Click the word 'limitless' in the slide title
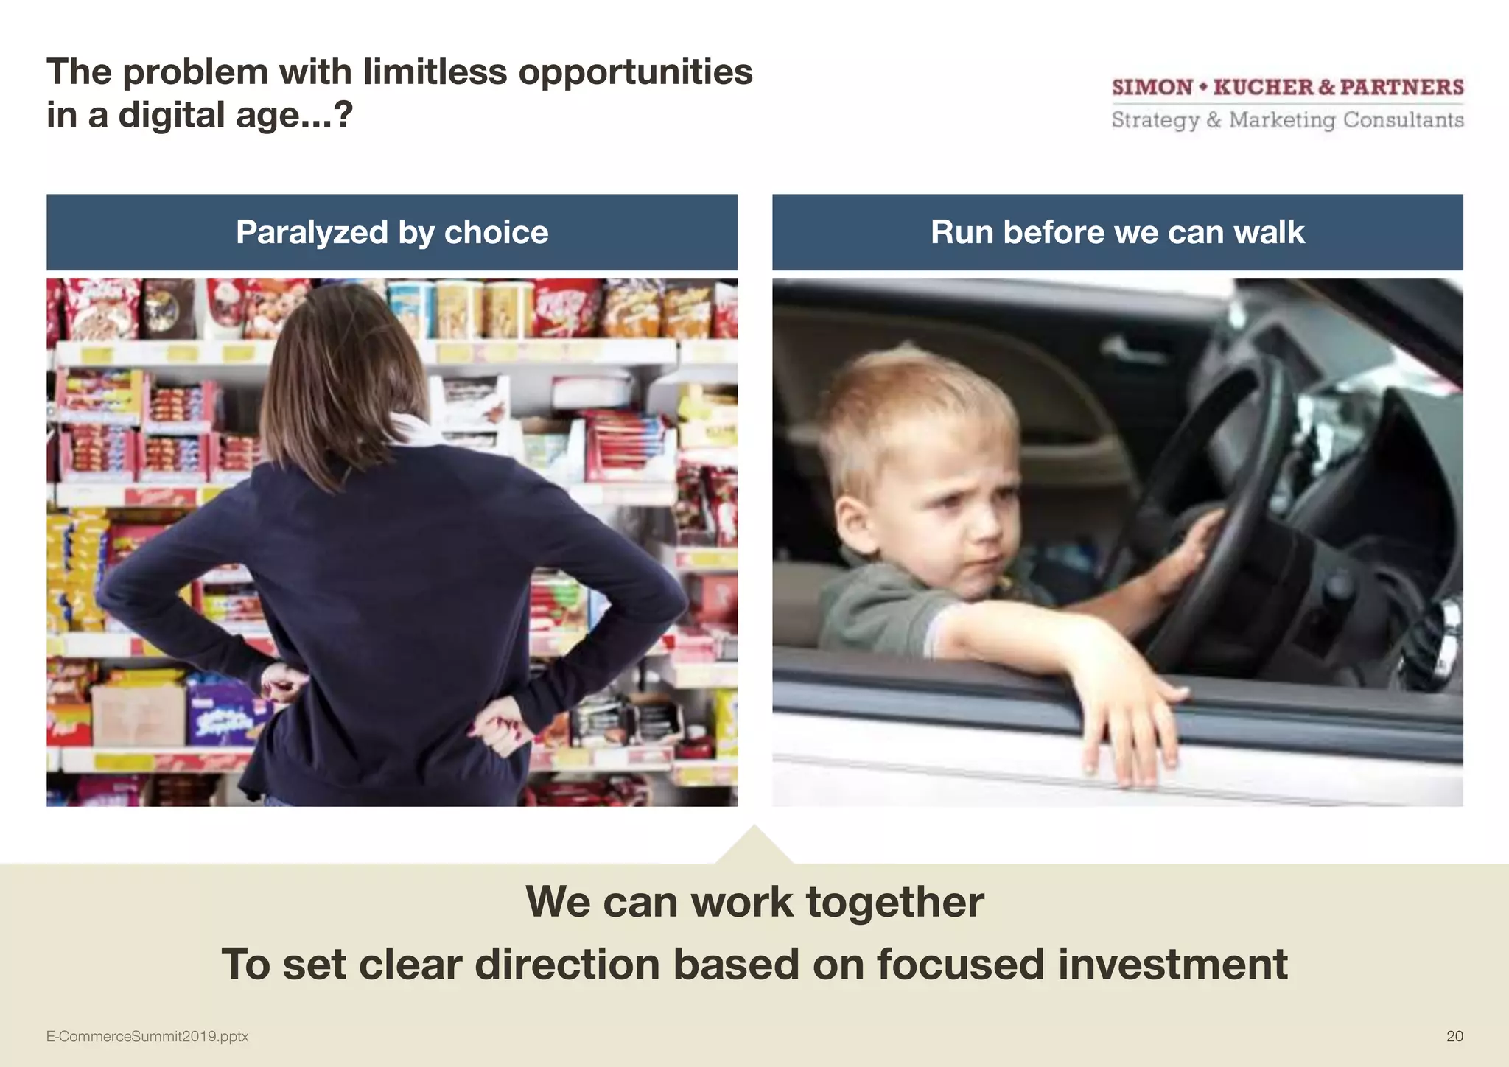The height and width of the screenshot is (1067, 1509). point(435,72)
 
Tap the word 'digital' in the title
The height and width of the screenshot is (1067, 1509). point(172,116)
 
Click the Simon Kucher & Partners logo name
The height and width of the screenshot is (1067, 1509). point(1287,87)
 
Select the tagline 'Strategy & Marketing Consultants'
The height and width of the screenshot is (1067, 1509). point(1287,119)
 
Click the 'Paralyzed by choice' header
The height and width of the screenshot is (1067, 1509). point(392,232)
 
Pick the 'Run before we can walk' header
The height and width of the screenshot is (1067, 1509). point(1117,232)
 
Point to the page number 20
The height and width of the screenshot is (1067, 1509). point(1454,1036)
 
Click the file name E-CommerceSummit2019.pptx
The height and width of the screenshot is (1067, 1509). point(147,1036)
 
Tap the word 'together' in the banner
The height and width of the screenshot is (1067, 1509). point(894,901)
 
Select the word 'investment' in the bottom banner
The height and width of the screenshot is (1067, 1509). point(1172,964)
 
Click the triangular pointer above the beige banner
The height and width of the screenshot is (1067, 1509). point(754,846)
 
